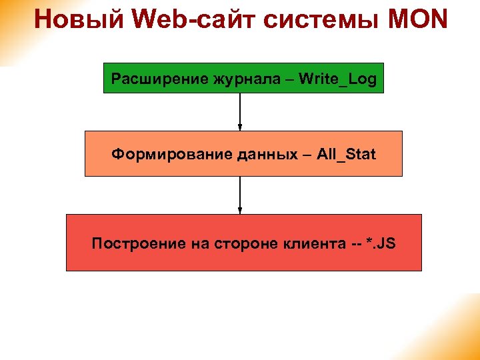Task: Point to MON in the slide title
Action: pyautogui.click(x=417, y=19)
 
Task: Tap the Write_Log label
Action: pyautogui.click(x=338, y=79)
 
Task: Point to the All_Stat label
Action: pyautogui.click(x=346, y=155)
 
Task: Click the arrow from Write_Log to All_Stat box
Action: pyautogui.click(x=240, y=109)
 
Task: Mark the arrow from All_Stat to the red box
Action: pyautogui.click(x=240, y=193)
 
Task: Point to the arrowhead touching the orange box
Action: pyautogui.click(x=240, y=127)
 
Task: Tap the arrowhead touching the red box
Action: pyautogui.click(x=240, y=211)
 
